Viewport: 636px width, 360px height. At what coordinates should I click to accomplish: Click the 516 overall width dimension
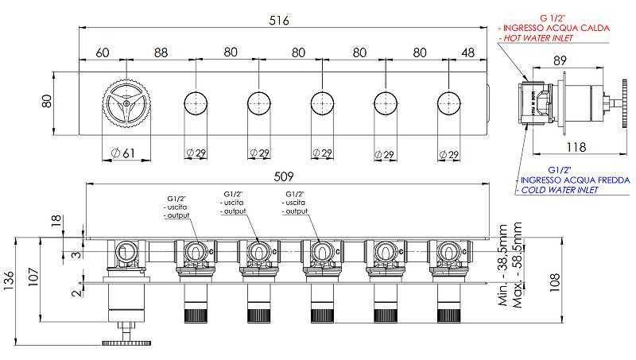[279, 21]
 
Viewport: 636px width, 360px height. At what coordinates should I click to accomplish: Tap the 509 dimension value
[284, 176]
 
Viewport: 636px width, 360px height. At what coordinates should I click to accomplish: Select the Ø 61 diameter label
[123, 153]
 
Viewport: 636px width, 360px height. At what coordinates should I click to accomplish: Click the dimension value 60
[103, 52]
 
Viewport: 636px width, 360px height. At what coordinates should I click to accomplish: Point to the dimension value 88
[161, 52]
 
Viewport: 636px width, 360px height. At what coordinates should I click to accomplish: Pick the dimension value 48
[468, 52]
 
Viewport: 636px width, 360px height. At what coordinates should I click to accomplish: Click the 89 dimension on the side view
[560, 61]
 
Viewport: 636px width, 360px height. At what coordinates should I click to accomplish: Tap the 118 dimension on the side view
[576, 147]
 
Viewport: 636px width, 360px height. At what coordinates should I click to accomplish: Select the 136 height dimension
[8, 281]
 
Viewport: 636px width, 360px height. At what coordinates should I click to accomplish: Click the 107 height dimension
[33, 277]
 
